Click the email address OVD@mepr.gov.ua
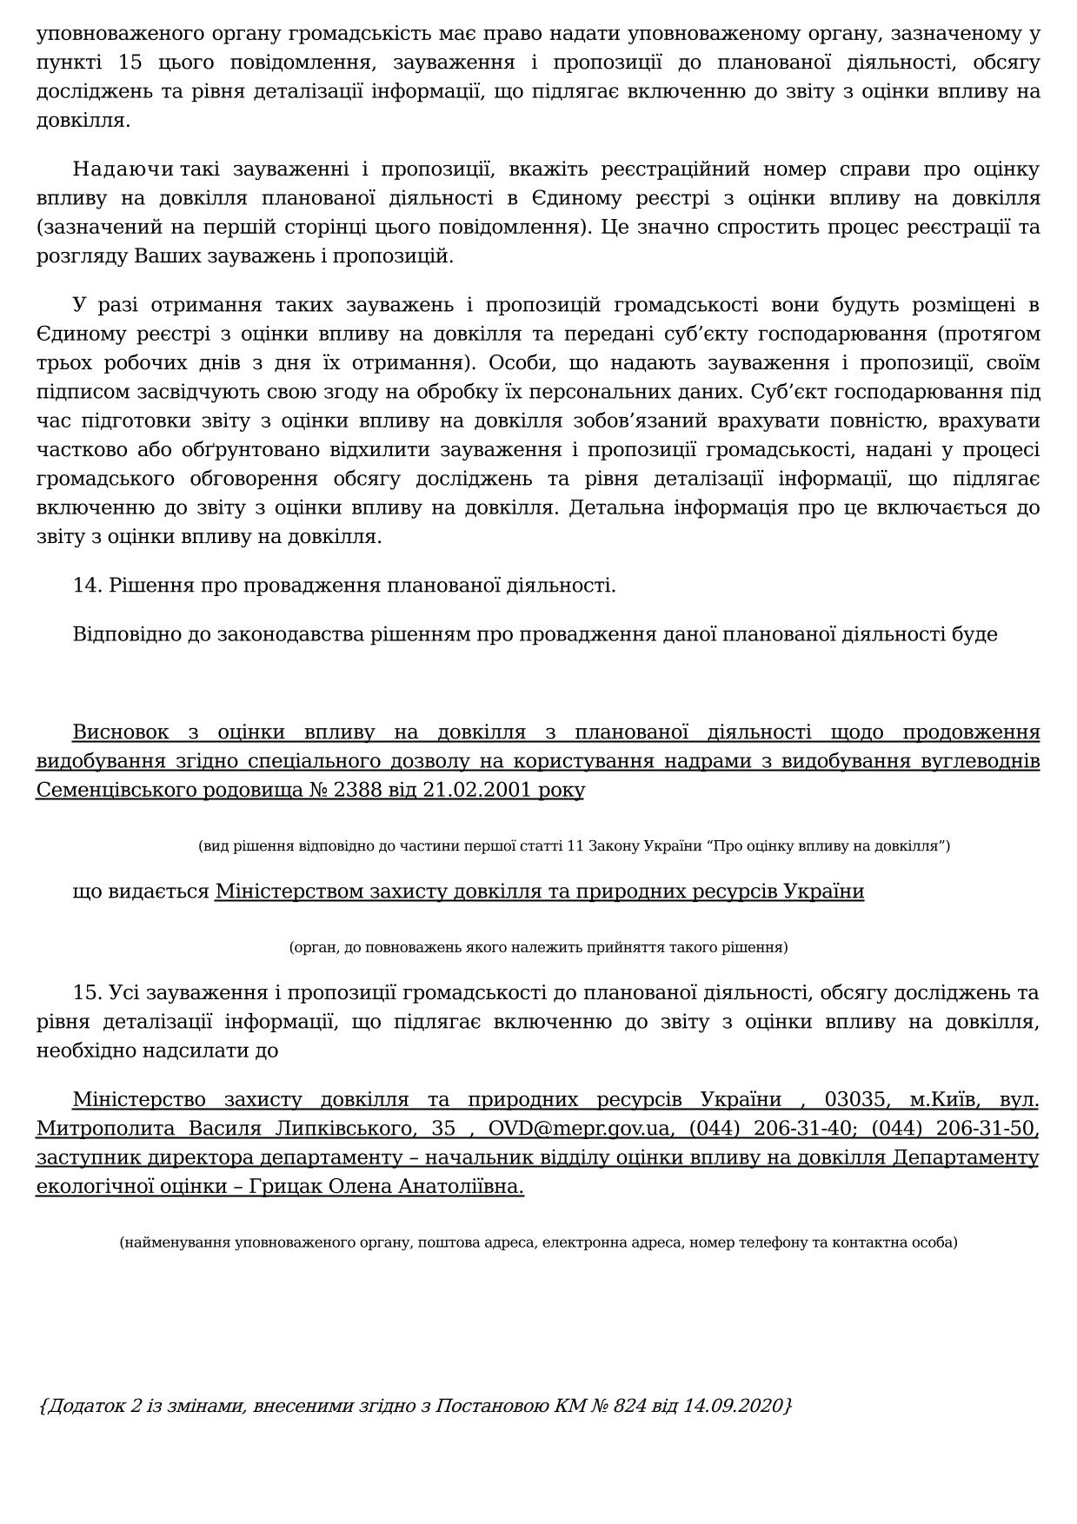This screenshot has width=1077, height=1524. click(x=580, y=1128)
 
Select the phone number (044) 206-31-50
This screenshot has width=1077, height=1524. click(x=954, y=1128)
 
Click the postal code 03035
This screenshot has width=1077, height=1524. click(x=855, y=1099)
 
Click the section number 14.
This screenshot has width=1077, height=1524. click(x=88, y=585)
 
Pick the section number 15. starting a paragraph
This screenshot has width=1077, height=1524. click(x=88, y=992)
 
